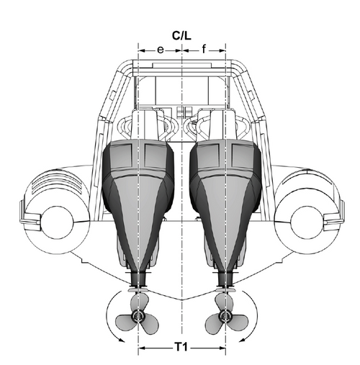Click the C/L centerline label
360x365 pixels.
coord(181,36)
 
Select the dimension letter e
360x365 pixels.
coord(161,50)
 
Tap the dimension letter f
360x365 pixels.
coord(204,49)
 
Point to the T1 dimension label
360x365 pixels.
coord(181,347)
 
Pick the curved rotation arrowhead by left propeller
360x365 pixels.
coord(122,340)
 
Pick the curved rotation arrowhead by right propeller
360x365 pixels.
coord(243,340)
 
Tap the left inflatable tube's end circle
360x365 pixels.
coord(57,222)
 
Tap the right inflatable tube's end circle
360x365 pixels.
coord(306,222)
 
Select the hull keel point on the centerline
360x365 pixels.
coord(182,300)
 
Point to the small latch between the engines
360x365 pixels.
coord(181,112)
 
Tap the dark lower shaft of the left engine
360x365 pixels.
coord(138,279)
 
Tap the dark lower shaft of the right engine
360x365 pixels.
coord(225,279)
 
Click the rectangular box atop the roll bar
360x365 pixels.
coord(181,65)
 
